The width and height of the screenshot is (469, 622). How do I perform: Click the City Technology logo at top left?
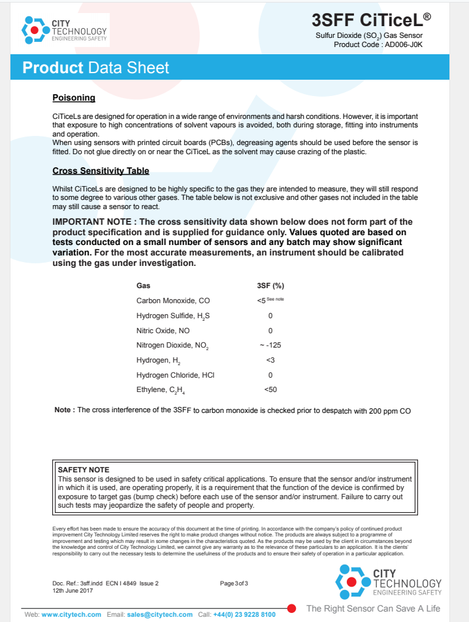coord(64,30)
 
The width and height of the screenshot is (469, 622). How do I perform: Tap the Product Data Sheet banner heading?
coord(96,68)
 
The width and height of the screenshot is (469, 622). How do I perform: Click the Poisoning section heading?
coord(74,98)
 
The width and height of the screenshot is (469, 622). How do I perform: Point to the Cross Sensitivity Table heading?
coord(101,171)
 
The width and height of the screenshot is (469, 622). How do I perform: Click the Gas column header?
coord(143,286)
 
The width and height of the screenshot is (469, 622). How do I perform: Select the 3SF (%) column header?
coord(270,286)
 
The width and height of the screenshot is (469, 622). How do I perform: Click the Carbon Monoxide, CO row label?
coord(173,301)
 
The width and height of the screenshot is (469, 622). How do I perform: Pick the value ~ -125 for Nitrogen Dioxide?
coord(270,345)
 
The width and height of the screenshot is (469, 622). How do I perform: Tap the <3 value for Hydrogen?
coord(270,360)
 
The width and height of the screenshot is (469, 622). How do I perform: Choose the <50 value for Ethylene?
coord(270,390)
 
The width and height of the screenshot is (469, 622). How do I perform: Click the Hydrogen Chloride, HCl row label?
coord(175,375)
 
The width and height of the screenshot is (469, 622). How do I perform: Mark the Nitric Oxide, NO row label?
coord(163,331)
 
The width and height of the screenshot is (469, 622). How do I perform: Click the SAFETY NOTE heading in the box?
coord(84,470)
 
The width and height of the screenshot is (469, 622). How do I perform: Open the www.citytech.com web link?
coord(71,614)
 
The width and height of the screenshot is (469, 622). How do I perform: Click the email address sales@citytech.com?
coord(160,614)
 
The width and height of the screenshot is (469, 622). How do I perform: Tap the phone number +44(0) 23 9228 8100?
coord(244,614)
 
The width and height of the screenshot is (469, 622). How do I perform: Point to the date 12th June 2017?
coord(73,590)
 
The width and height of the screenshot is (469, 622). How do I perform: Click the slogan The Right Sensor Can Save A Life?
coord(373,608)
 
